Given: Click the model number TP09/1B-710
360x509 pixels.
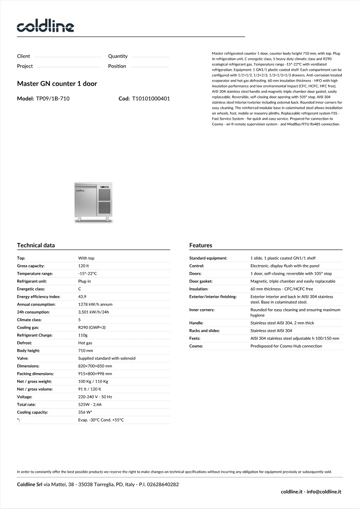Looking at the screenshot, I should tap(53, 98).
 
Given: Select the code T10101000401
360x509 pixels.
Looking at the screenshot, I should tap(151, 98).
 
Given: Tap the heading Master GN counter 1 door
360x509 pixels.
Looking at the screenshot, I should tap(57, 84).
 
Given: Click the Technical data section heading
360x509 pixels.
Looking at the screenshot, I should tap(36, 245).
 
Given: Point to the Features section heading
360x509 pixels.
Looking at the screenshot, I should tap(200, 245).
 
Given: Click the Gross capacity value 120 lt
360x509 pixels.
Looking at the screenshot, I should tap(83, 266).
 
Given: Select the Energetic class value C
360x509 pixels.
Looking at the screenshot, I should tap(80, 289).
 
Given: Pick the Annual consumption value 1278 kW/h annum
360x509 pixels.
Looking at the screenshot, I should tap(95, 304).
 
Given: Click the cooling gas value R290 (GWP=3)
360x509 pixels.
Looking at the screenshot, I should tap(92, 327).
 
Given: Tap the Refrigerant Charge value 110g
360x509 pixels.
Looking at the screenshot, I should tap(83, 335).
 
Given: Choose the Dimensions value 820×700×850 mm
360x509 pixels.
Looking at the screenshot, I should tap(95, 366).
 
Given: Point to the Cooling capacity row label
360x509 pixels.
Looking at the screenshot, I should tap(32, 412).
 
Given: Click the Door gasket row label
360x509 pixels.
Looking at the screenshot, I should tap(201, 281).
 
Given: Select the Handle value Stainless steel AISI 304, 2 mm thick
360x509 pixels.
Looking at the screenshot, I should tap(282, 323).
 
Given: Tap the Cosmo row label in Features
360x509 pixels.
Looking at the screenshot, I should tap(196, 346).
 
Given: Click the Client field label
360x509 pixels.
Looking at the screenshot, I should tap(24, 56).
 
